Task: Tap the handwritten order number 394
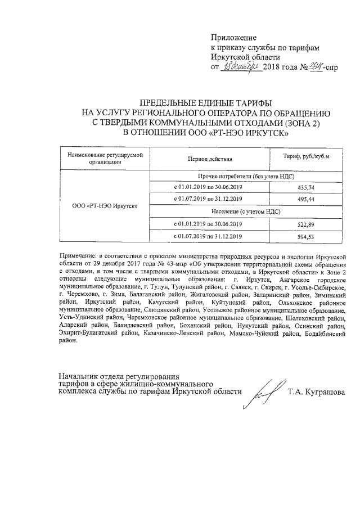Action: click(309, 66)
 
